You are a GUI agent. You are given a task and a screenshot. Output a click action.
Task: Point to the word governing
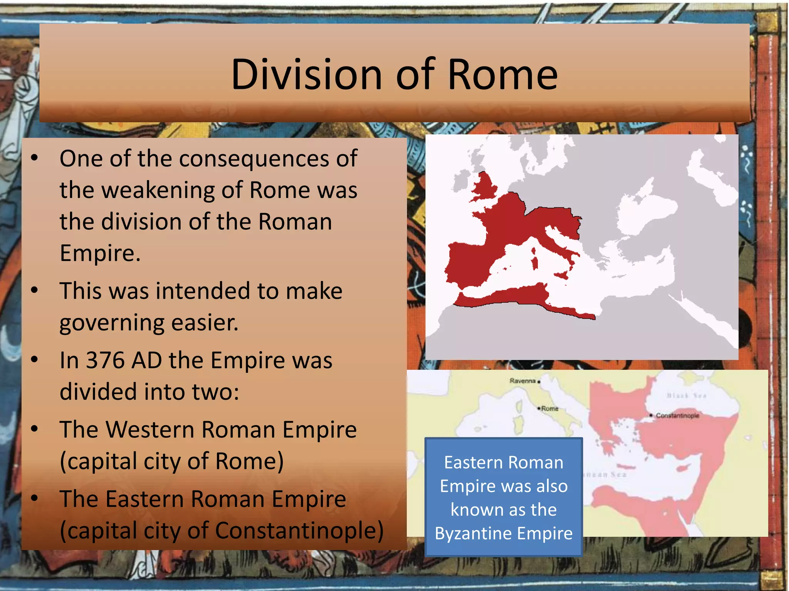pos(110,323)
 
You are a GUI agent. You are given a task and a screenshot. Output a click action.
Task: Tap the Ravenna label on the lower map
pos(522,381)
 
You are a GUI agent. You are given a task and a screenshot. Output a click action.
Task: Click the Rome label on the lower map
pos(550,409)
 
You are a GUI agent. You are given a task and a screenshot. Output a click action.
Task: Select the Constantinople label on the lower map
pos(677,416)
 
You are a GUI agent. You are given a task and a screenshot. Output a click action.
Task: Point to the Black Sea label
pos(687,396)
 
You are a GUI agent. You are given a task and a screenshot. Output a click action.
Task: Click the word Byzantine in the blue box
pos(473,534)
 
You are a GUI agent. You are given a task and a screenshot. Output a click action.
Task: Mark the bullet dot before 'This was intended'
pos(35,290)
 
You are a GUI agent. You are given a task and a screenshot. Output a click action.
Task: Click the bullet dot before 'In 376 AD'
pos(35,360)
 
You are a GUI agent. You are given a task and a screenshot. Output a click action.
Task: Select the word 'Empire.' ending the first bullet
pos(100,254)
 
